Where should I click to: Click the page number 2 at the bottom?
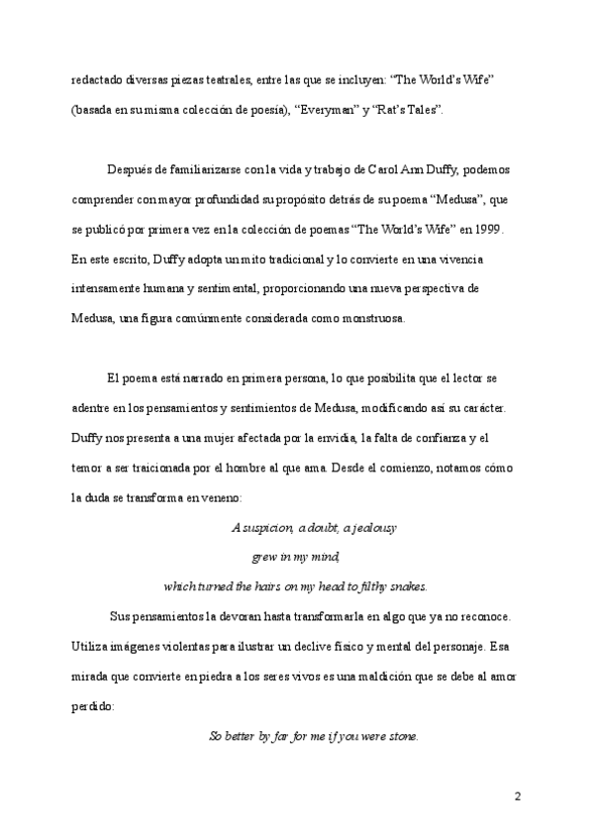point(518,795)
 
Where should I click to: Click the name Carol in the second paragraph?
point(367,169)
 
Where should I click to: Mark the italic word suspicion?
point(266,528)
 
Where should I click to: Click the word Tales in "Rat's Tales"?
point(422,110)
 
